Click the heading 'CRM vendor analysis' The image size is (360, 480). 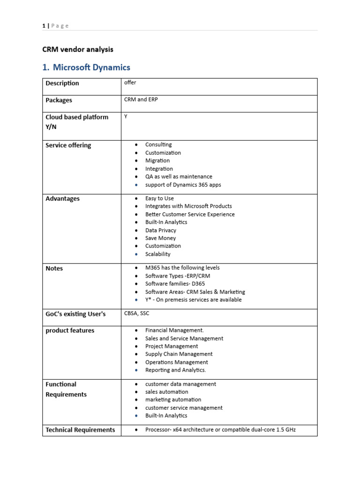point(78,49)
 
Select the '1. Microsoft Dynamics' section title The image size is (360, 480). point(86,67)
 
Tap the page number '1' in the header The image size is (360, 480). point(44,26)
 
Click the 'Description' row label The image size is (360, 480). point(62,83)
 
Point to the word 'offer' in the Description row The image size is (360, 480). point(130,83)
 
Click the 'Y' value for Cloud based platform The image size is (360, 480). point(126,117)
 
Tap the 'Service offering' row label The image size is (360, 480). point(68,145)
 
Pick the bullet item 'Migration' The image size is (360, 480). point(157,161)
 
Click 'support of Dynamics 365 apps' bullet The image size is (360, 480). point(183,185)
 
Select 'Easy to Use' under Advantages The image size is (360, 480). point(159,198)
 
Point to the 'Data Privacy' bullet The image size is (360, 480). point(161,230)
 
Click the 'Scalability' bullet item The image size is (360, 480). point(158,254)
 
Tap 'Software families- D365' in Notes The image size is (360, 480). point(175,284)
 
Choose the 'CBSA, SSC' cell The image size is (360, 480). point(136,314)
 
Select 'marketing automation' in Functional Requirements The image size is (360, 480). point(173,399)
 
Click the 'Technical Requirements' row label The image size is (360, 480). point(80,430)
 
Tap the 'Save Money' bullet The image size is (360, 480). point(160,238)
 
